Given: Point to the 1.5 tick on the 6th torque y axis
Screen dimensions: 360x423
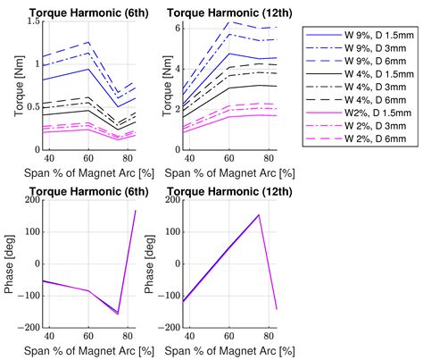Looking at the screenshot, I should (x=32, y=21).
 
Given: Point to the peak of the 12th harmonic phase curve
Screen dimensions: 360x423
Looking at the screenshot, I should (x=259, y=214).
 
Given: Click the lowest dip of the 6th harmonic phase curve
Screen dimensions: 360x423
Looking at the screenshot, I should (x=118, y=314).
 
